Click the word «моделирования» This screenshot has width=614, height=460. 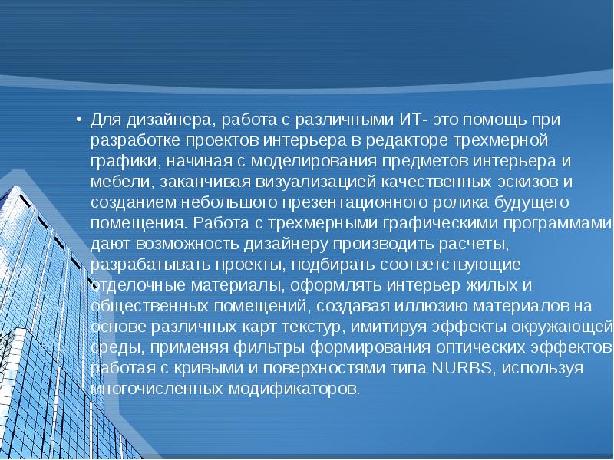(x=302, y=163)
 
